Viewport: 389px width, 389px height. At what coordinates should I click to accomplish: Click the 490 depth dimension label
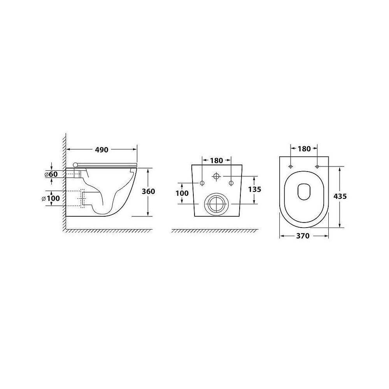[102, 150]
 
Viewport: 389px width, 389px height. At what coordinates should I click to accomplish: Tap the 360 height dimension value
[148, 191]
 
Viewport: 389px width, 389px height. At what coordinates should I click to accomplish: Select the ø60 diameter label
[51, 174]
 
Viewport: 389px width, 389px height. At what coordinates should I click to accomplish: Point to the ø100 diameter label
[51, 198]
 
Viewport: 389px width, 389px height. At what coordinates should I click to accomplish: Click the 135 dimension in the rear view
[254, 189]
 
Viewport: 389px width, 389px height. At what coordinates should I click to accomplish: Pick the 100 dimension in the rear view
[182, 193]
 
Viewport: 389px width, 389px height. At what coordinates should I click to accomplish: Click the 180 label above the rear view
[217, 161]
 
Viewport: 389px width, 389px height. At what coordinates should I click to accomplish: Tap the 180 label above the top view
[304, 149]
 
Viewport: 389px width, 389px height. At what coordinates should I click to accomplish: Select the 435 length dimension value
[340, 196]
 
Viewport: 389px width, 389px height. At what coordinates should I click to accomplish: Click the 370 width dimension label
[303, 236]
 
